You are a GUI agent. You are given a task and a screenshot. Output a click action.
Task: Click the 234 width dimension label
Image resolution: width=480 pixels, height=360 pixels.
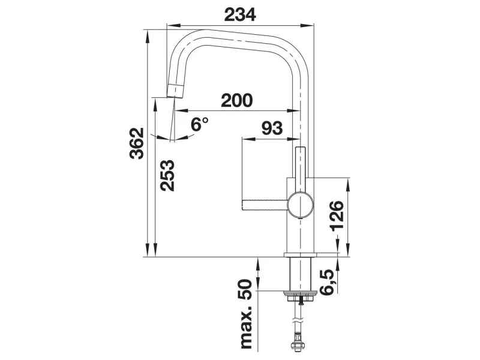[240, 14]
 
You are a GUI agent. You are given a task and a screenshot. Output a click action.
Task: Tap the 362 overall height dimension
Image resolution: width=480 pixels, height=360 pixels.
[137, 143]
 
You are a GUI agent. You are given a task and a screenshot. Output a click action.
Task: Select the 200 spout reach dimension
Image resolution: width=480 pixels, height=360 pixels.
[237, 100]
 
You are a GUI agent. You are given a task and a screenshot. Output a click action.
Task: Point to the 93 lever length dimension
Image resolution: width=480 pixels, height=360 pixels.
[272, 128]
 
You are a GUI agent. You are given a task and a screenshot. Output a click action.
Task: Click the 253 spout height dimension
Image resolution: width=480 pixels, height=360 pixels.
[167, 175]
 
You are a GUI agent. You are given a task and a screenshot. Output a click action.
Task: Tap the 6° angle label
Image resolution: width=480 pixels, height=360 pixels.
[199, 124]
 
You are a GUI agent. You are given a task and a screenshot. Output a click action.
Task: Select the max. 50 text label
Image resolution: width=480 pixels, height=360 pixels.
[247, 314]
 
